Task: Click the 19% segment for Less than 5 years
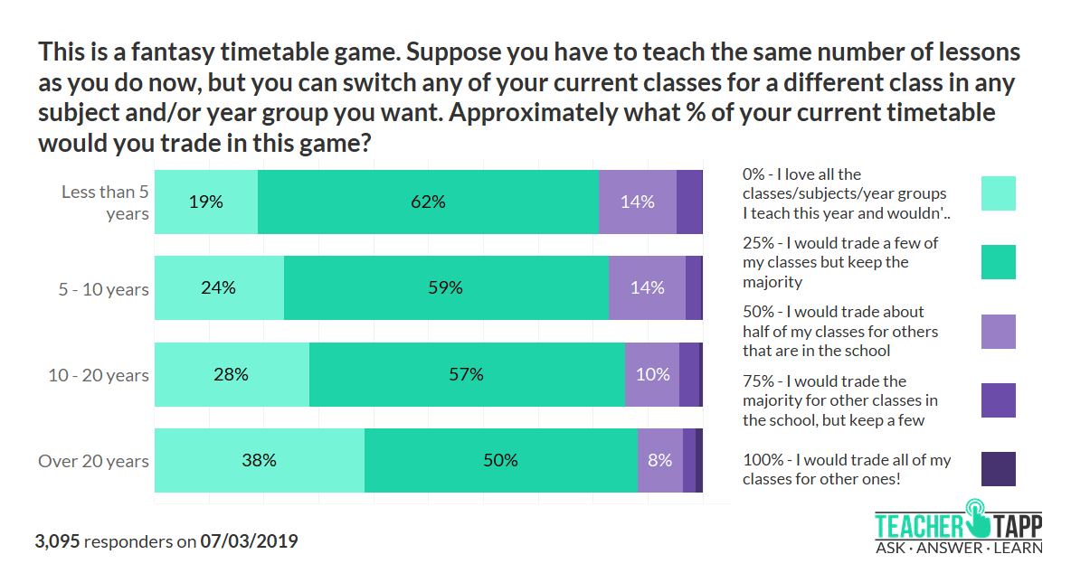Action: pyautogui.click(x=206, y=202)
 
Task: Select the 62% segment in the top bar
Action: pyautogui.click(x=428, y=202)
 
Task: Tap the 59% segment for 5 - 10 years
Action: pyautogui.click(x=446, y=288)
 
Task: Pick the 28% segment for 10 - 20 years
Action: pyautogui.click(x=232, y=374)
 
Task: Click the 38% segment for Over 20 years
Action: pyautogui.click(x=259, y=460)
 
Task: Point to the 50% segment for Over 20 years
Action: pyautogui.click(x=501, y=460)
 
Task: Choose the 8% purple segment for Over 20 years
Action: pyautogui.click(x=660, y=460)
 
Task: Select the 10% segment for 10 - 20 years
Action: pyautogui.click(x=652, y=374)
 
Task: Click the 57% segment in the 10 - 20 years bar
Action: pyautogui.click(x=467, y=374)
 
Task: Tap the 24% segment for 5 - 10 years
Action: pyautogui.click(x=219, y=288)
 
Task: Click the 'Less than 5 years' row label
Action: pyautogui.click(x=105, y=202)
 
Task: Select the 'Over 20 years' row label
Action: pyautogui.click(x=93, y=461)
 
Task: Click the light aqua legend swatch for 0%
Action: pyautogui.click(x=998, y=193)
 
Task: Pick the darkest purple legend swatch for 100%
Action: pyautogui.click(x=998, y=469)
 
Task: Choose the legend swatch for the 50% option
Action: pyautogui.click(x=998, y=332)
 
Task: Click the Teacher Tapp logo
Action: pyautogui.click(x=958, y=527)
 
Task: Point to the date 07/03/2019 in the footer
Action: pyautogui.click(x=249, y=542)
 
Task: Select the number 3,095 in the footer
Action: pyautogui.click(x=57, y=542)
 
